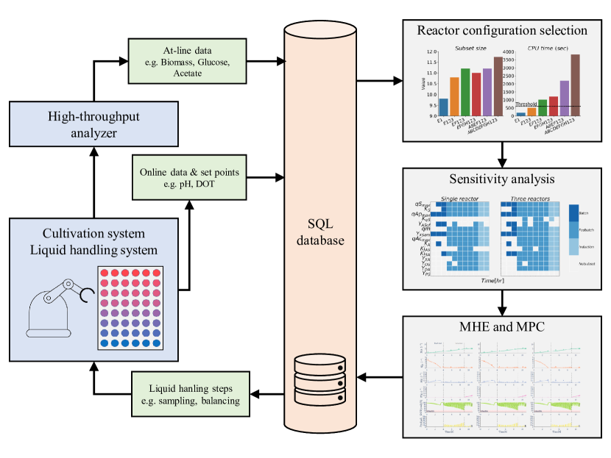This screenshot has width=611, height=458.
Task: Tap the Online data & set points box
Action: [x=190, y=177]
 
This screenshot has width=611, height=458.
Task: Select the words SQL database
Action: [x=319, y=232]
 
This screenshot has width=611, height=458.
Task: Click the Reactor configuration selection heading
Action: [x=502, y=31]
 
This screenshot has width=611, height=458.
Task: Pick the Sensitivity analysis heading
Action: [x=502, y=180]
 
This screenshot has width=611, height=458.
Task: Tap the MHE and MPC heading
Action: [x=502, y=326]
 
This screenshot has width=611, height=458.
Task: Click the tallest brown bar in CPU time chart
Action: [x=574, y=85]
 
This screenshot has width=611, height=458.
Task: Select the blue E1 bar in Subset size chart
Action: [x=443, y=107]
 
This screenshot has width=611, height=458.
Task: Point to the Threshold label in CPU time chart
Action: [x=528, y=104]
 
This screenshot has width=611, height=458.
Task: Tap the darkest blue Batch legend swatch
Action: [x=573, y=212]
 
